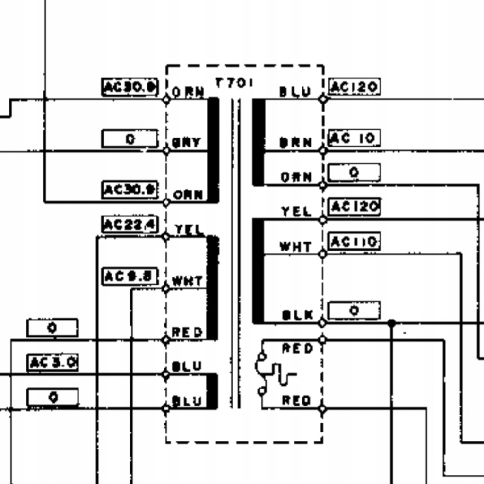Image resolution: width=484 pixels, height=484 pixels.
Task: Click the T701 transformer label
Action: (x=234, y=83)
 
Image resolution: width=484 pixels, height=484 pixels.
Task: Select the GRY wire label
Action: (x=187, y=142)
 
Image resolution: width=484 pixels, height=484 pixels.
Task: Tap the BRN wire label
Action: (x=296, y=142)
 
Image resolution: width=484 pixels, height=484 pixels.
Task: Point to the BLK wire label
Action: (x=298, y=315)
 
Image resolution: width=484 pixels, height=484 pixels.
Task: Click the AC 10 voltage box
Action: (x=354, y=138)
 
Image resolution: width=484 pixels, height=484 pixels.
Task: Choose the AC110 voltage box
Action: (x=354, y=242)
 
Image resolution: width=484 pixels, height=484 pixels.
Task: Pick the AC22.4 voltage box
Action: (x=130, y=225)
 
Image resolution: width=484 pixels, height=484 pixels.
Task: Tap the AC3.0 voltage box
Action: (x=53, y=363)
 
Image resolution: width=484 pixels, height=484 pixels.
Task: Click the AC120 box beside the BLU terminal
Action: (x=354, y=87)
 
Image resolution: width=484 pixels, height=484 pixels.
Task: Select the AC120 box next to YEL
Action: (x=354, y=207)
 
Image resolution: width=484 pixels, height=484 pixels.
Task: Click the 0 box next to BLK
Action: (x=354, y=311)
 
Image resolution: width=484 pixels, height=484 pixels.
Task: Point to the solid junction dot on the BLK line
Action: (x=391, y=323)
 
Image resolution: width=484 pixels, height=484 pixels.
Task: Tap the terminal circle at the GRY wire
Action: (x=166, y=151)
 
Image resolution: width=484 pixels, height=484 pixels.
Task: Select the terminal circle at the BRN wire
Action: (x=323, y=151)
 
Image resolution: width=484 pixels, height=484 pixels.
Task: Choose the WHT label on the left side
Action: (x=187, y=281)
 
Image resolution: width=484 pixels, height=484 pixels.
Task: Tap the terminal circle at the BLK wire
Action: (x=323, y=323)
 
